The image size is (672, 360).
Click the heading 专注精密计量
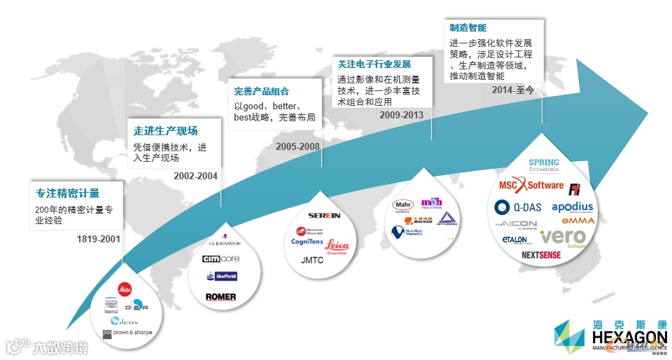[67, 193]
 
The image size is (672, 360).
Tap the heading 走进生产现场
[165, 130]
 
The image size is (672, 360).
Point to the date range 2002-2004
[195, 176]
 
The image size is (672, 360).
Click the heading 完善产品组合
[261, 91]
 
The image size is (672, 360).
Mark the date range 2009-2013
[402, 115]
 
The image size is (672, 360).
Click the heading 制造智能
[468, 28]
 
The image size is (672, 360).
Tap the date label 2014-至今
[513, 90]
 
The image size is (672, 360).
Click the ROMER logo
[220, 297]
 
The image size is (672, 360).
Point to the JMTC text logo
[313, 259]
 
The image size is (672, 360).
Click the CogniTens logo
[307, 242]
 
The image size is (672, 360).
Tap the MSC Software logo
[531, 186]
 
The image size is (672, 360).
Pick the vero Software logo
[563, 237]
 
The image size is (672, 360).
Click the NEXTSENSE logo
[541, 256]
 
